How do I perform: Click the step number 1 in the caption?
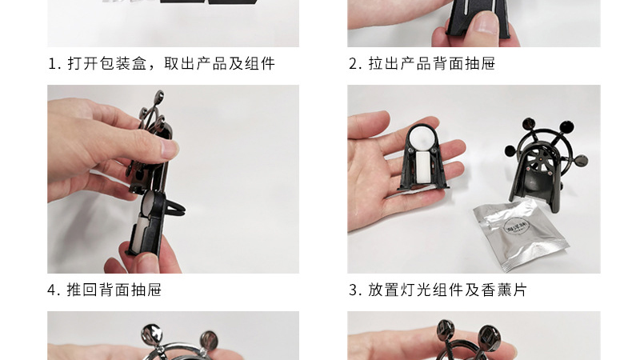click(52, 64)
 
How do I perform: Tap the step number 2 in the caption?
click(353, 64)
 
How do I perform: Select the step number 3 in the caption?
click(353, 290)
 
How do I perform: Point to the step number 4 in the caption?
click(52, 290)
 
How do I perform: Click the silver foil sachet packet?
click(521, 234)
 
